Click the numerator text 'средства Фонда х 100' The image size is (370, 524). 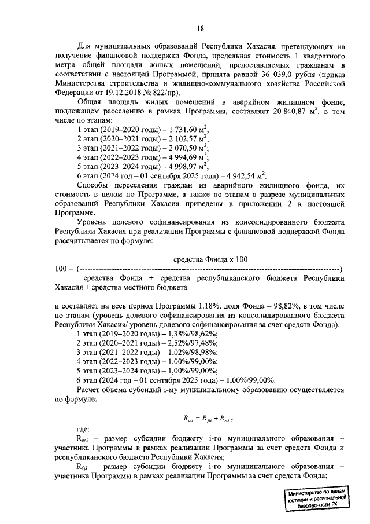pos(210,259)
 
